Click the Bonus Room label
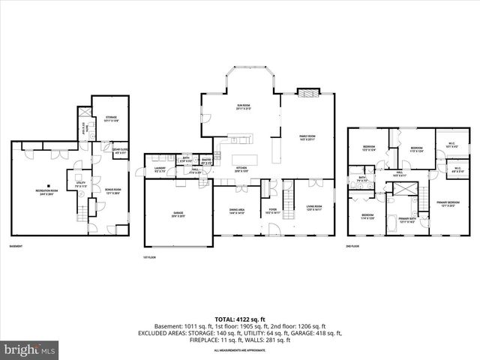coord(112,190)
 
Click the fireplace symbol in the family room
coord(307,93)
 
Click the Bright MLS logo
coord(29,349)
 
